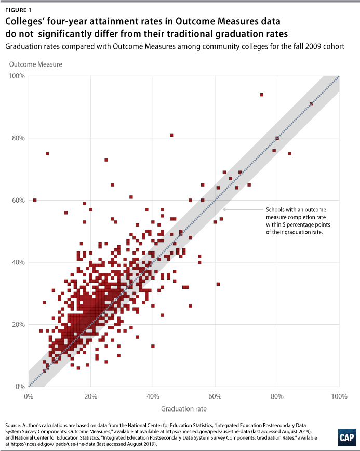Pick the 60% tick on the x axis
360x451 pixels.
(x=215, y=396)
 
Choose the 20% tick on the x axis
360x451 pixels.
(x=91, y=396)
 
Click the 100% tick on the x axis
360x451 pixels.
(x=339, y=396)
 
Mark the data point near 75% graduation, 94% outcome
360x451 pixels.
(x=261, y=95)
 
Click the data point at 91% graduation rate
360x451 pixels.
(x=311, y=104)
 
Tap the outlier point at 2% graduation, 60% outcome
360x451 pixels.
(x=35, y=200)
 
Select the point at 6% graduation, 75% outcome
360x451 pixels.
(x=47, y=153)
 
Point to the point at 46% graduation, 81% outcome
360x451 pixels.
(x=171, y=135)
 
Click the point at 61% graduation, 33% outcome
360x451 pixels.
(x=218, y=284)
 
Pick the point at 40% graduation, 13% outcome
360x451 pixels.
(x=153, y=346)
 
